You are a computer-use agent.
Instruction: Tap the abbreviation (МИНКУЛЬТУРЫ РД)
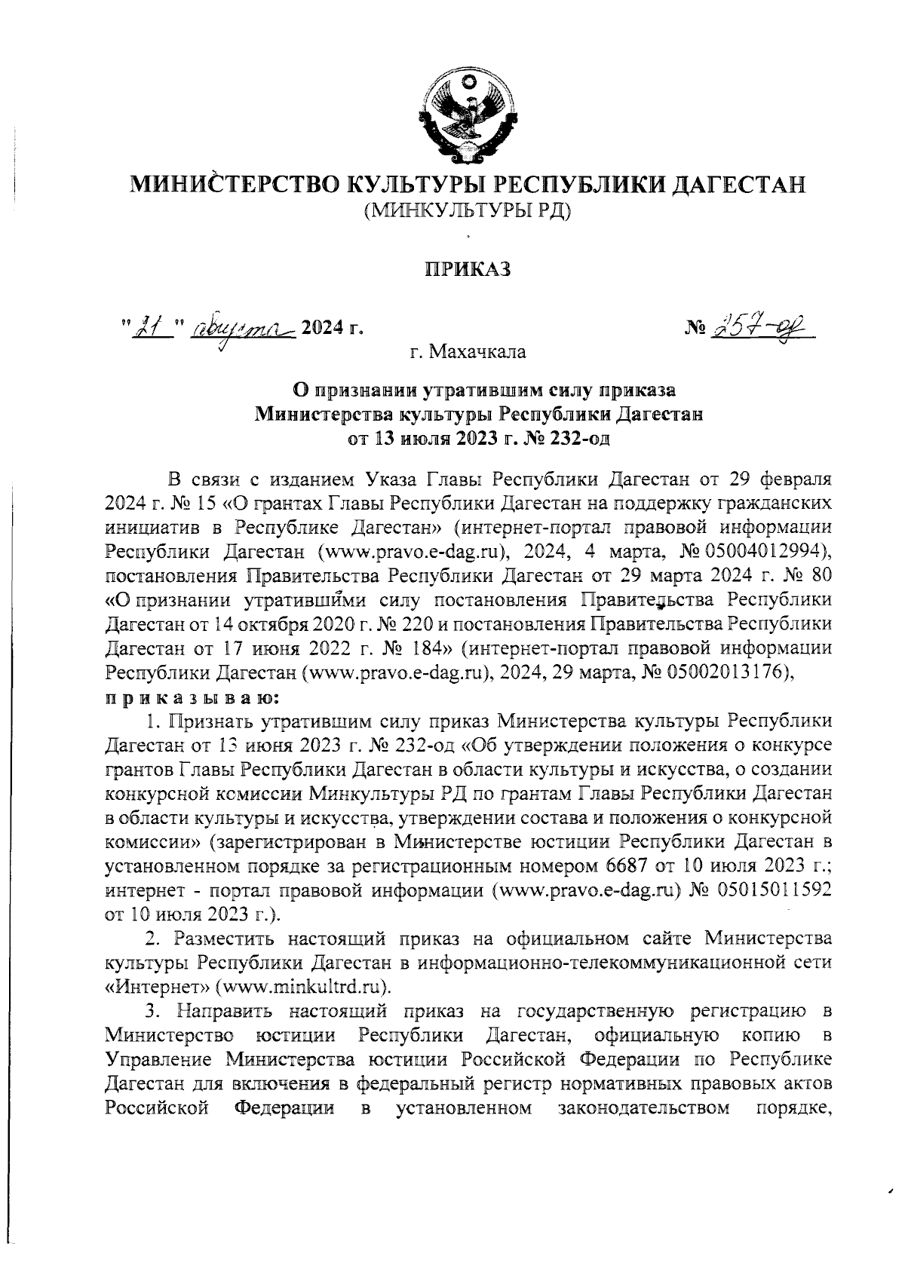tap(468, 212)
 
